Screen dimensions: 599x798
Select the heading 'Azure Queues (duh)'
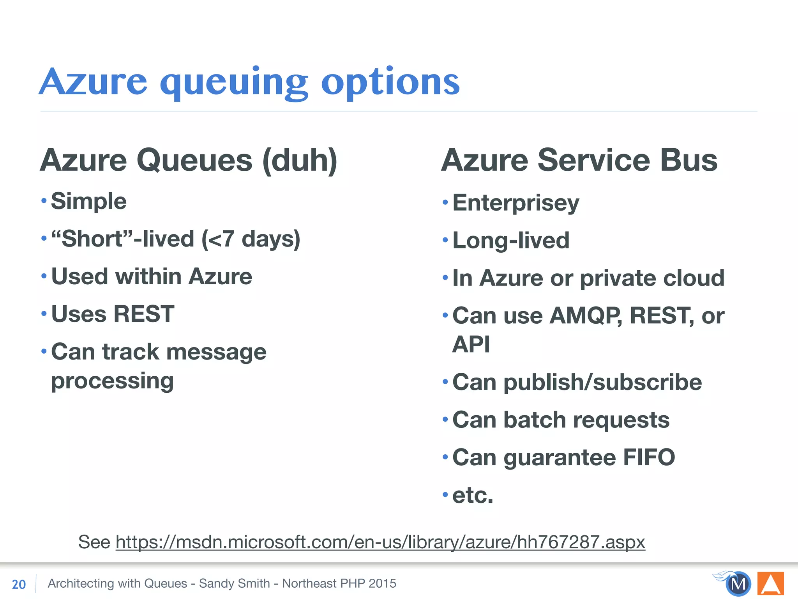pyautogui.click(x=189, y=160)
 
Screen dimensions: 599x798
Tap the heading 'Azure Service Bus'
pyautogui.click(x=579, y=160)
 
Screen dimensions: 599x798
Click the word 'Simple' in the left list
pyautogui.click(x=89, y=202)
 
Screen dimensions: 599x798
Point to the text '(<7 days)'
pyautogui.click(x=251, y=239)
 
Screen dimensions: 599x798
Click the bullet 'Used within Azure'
pyautogui.click(x=152, y=276)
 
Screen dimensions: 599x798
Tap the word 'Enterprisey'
pyautogui.click(x=516, y=203)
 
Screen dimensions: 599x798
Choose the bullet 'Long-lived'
pyautogui.click(x=510, y=240)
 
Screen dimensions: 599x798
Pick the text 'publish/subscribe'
pyautogui.click(x=602, y=382)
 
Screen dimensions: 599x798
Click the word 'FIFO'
pyautogui.click(x=649, y=457)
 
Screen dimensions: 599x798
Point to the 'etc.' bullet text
pyautogui.click(x=473, y=495)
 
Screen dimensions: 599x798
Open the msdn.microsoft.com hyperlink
pyautogui.click(x=380, y=542)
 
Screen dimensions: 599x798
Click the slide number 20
pyautogui.click(x=19, y=584)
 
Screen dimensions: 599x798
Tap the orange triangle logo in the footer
pyautogui.click(x=770, y=583)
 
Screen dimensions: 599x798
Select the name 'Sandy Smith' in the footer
pyautogui.click(x=234, y=583)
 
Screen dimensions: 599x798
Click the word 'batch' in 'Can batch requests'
pyautogui.click(x=534, y=420)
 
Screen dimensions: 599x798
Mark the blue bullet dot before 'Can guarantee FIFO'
pyautogui.click(x=445, y=457)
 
